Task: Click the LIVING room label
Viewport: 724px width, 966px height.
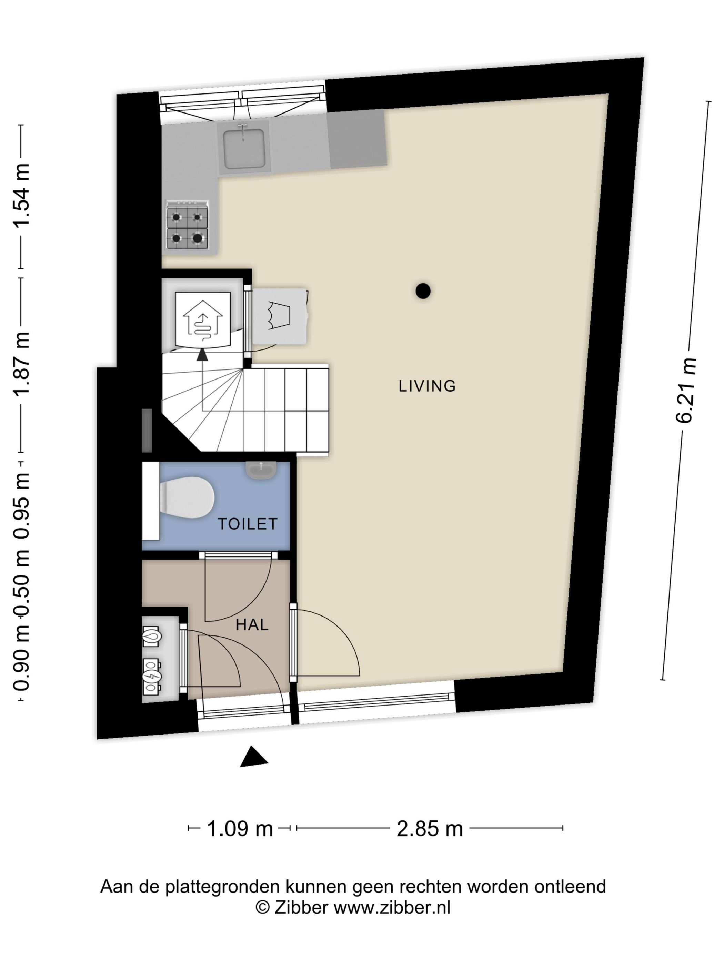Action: [x=427, y=386]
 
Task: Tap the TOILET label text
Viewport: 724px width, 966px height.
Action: [x=248, y=524]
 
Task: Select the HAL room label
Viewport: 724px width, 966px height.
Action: [x=252, y=625]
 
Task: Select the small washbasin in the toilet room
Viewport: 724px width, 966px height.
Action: [x=261, y=470]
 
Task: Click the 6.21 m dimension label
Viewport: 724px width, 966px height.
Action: [x=685, y=391]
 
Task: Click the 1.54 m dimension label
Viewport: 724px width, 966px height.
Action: [x=21, y=195]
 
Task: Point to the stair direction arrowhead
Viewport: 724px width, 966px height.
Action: [x=202, y=355]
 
